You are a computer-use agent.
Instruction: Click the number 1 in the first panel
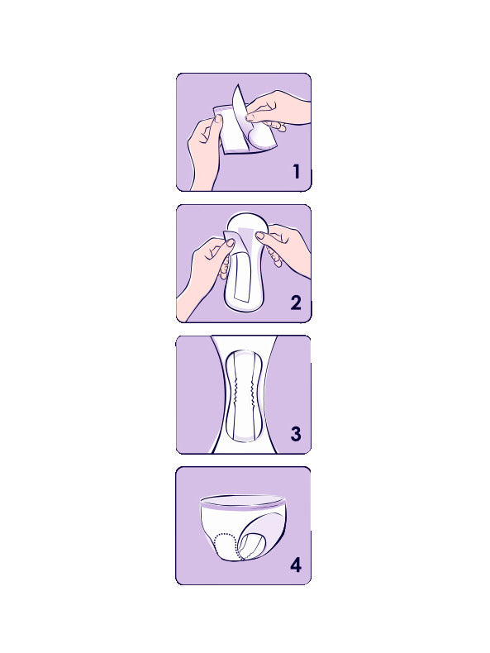(x=297, y=172)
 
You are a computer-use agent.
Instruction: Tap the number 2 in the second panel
(x=296, y=303)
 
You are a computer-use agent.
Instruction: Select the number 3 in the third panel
(x=296, y=434)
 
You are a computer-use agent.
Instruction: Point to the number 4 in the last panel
(x=296, y=565)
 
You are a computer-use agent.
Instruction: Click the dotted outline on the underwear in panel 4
(x=224, y=546)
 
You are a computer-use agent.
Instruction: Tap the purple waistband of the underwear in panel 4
(x=244, y=506)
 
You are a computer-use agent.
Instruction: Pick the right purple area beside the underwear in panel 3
(x=289, y=388)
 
